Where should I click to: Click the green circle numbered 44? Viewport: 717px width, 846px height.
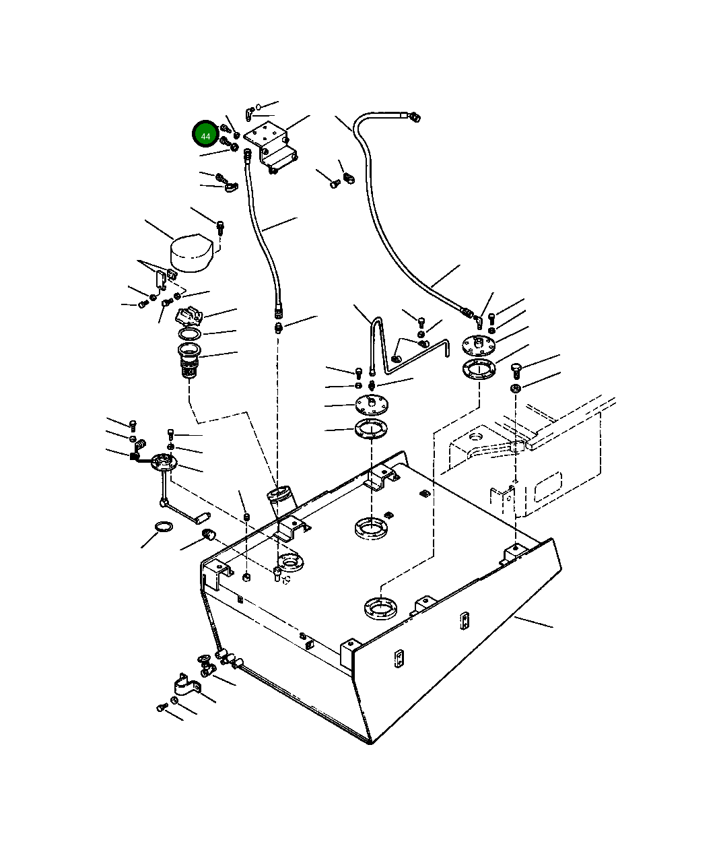pos(205,135)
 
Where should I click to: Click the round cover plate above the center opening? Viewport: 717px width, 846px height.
pos(372,405)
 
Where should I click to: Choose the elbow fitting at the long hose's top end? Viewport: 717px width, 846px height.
pos(413,117)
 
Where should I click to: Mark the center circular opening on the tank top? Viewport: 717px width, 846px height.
pos(372,527)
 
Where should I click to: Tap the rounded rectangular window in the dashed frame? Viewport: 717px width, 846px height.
pos(548,486)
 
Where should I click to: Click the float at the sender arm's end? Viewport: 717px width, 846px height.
pos(201,517)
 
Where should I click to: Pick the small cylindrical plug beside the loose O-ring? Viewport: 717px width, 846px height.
pos(208,535)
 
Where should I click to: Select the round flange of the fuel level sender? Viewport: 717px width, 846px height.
pos(163,462)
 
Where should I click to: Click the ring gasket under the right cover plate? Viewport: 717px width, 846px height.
pos(478,369)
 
